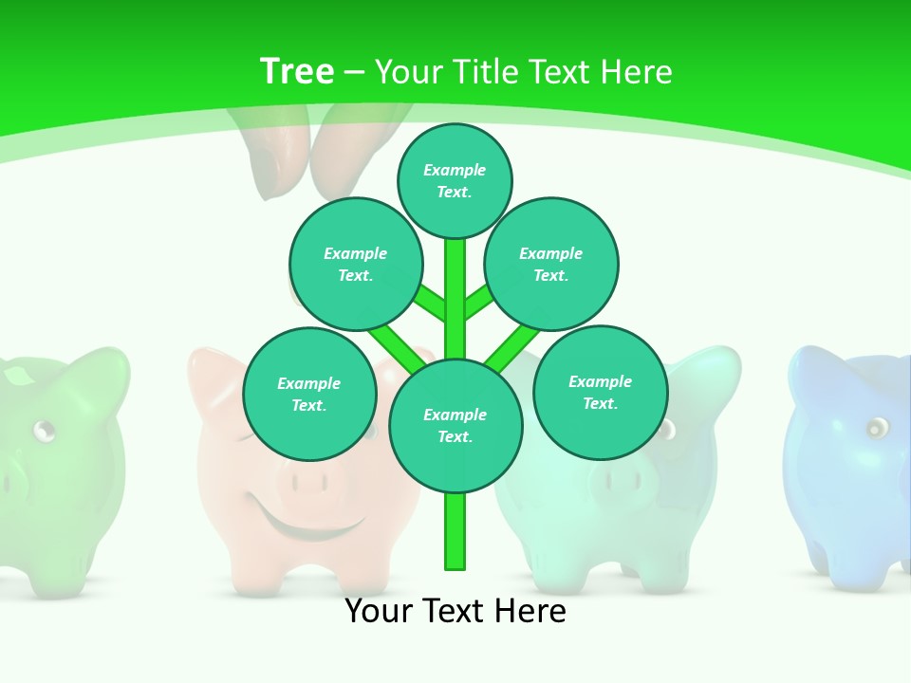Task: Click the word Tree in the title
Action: click(297, 71)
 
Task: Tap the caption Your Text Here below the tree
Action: click(455, 611)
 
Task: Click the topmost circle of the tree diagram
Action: click(455, 180)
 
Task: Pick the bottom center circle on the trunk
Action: click(455, 426)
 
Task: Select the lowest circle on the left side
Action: click(309, 394)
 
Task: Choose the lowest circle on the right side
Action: click(600, 392)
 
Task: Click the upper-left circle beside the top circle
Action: click(355, 264)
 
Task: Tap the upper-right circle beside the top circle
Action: click(550, 264)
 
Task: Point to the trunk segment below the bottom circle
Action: click(455, 531)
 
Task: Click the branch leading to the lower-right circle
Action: click(513, 346)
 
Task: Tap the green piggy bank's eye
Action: click(44, 432)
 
